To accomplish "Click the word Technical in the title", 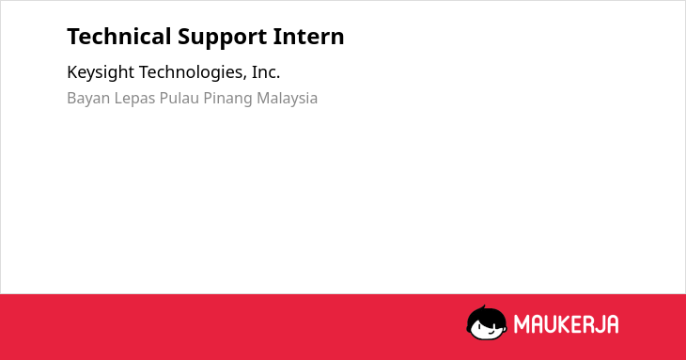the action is tap(119, 37).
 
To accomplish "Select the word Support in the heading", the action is tap(223, 38).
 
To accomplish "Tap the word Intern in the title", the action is tap(309, 37).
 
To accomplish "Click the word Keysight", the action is tap(101, 72).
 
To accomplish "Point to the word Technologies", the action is tap(193, 72).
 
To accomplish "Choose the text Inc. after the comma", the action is tap(266, 71).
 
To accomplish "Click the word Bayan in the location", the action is tap(89, 99).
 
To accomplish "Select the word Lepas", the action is tap(134, 99).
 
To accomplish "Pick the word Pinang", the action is tap(228, 99).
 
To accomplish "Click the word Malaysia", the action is tap(287, 99).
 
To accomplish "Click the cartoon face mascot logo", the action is tap(487, 322).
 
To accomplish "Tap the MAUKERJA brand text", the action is tap(566, 324).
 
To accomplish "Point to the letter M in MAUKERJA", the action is tap(522, 324).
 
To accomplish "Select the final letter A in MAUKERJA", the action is tap(612, 324).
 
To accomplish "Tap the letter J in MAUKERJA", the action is tap(598, 324).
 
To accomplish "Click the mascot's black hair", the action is tap(486, 313).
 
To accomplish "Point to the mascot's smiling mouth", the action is tap(490, 334).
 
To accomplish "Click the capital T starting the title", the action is tap(72, 37).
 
